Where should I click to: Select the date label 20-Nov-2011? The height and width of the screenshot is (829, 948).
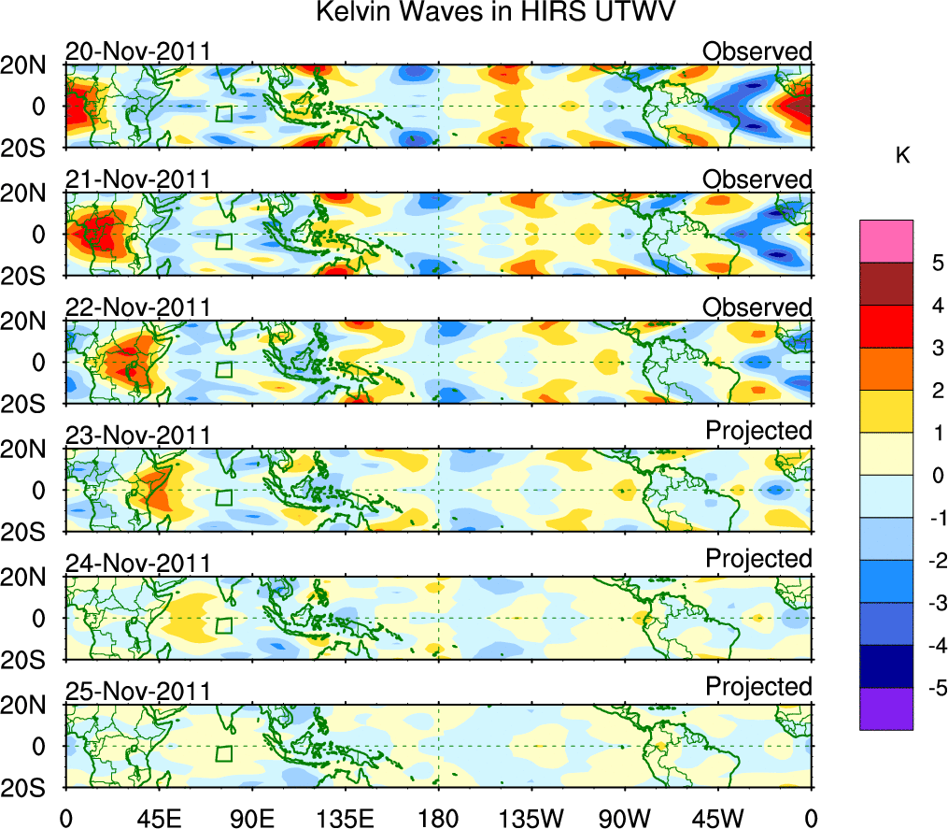coord(137,51)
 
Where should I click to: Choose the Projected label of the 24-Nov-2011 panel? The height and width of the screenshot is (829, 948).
coord(758,558)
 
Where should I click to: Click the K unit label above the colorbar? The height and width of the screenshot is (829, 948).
coord(902,156)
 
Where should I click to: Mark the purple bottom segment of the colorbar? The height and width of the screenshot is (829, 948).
coord(885,708)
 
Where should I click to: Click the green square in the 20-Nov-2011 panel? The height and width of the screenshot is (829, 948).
coord(223,114)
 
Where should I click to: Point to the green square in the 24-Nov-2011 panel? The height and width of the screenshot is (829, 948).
coord(223,626)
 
